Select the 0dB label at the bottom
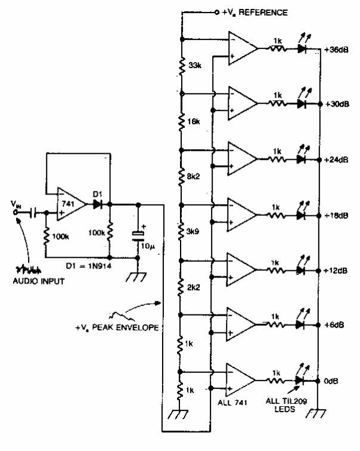331,380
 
